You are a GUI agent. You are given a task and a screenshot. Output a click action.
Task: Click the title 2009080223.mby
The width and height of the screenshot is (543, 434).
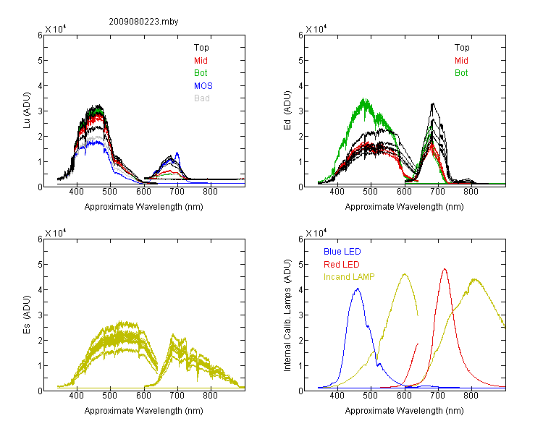click(143, 22)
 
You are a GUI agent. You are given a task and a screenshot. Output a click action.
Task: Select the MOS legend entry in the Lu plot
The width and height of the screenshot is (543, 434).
click(203, 85)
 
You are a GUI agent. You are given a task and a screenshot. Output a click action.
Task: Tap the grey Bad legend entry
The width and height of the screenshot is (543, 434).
click(202, 98)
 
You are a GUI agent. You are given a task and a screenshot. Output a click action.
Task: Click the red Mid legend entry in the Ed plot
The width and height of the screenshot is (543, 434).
click(461, 61)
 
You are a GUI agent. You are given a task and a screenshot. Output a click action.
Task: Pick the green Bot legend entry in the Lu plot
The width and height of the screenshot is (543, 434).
click(201, 73)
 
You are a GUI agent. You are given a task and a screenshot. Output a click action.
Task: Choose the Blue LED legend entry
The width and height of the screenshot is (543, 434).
click(342, 252)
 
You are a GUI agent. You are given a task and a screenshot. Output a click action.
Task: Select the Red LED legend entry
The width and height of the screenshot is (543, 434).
click(342, 265)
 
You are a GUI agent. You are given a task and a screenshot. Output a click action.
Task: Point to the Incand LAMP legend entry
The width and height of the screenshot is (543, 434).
click(349, 277)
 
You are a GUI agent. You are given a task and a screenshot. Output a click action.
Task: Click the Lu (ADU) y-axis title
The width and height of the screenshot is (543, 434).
click(27, 111)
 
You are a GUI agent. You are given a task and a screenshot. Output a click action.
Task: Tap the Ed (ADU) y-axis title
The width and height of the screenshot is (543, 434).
click(287, 111)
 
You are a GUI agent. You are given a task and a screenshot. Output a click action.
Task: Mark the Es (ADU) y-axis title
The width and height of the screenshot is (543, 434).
click(27, 314)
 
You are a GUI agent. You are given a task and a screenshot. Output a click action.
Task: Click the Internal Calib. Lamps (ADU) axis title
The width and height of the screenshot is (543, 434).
click(287, 315)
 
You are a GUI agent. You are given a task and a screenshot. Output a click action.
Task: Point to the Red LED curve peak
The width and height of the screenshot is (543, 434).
click(445, 269)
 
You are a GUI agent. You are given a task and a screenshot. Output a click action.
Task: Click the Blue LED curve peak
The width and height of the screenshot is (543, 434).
click(358, 289)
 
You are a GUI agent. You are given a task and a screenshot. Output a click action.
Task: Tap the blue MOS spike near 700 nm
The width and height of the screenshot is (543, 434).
click(177, 153)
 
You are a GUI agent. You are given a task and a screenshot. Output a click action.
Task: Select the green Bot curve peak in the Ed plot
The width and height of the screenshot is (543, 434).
click(364, 100)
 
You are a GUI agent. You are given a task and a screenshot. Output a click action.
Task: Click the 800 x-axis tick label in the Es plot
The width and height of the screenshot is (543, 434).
click(210, 396)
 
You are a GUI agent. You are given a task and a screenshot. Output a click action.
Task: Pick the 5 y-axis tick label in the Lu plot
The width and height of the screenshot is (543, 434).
click(40, 61)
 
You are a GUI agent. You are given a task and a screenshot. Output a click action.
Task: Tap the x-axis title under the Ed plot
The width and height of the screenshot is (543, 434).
click(404, 207)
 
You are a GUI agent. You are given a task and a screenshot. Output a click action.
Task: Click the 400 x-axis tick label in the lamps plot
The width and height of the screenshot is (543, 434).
click(337, 396)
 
